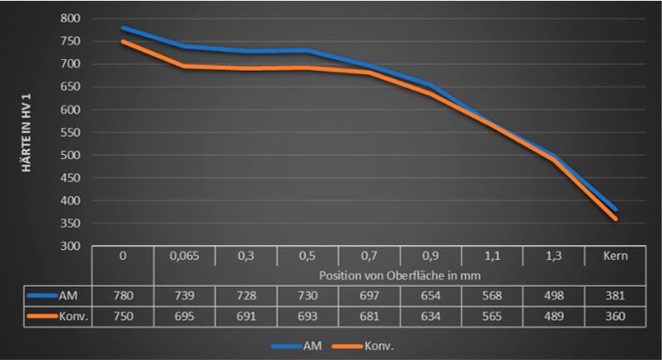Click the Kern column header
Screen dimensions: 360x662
click(616, 256)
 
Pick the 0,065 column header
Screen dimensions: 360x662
click(184, 256)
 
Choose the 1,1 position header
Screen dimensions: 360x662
click(493, 256)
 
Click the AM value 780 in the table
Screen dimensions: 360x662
click(123, 295)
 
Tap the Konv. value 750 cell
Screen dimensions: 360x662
click(123, 317)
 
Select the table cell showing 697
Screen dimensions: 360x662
click(369, 295)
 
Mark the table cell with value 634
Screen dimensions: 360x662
click(431, 317)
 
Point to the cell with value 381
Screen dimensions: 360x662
click(616, 295)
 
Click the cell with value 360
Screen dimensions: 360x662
click(616, 317)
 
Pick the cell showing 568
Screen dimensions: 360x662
click(493, 295)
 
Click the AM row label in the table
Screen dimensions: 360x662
click(70, 295)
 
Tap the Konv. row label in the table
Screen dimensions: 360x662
click(73, 317)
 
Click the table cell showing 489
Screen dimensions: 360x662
click(554, 317)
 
